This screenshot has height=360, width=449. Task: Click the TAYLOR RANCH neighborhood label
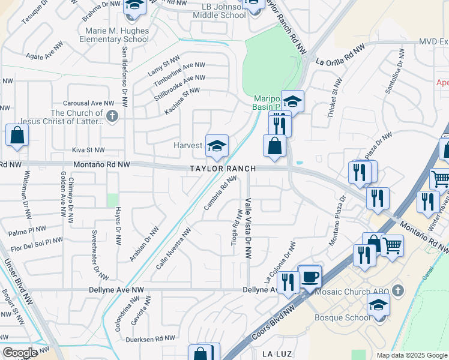pyautogui.click(x=223, y=169)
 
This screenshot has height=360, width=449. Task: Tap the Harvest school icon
pyautogui.click(x=217, y=145)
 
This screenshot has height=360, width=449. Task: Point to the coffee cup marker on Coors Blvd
pyautogui.click(x=310, y=277)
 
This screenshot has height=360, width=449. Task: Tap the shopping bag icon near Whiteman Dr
pyautogui.click(x=17, y=135)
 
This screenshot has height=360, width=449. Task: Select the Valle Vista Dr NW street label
pyautogui.click(x=247, y=229)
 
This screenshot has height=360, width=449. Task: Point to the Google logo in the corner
pyautogui.click(x=20, y=352)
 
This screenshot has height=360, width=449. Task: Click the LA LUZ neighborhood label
pyautogui.click(x=277, y=355)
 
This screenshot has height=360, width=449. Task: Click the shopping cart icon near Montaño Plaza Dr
pyautogui.click(x=392, y=244)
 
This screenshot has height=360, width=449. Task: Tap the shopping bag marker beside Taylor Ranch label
pyautogui.click(x=274, y=146)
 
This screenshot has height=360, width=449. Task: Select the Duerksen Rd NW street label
pyautogui.click(x=152, y=339)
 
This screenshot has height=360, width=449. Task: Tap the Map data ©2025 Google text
pyautogui.click(x=412, y=355)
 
